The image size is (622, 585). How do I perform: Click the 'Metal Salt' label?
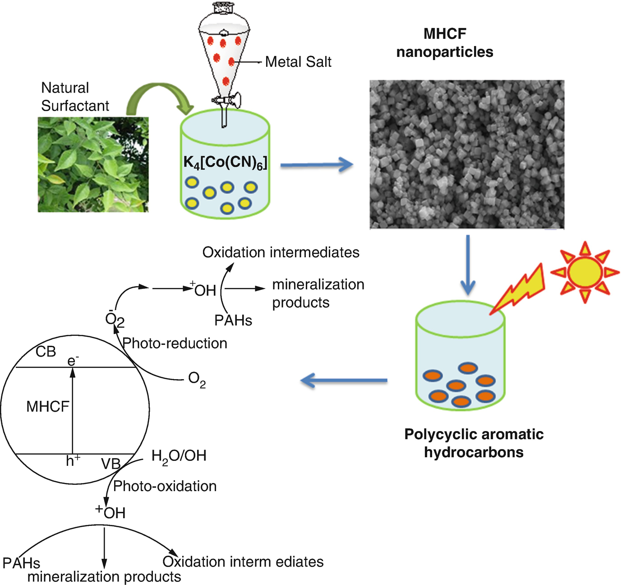click(x=298, y=62)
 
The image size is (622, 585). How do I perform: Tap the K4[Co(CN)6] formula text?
click(x=225, y=162)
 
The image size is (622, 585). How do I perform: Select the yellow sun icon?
click(x=585, y=272)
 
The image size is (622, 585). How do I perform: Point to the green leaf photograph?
click(x=93, y=164)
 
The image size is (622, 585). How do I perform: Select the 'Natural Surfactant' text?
click(x=75, y=97)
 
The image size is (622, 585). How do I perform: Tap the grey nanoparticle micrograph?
click(x=467, y=154)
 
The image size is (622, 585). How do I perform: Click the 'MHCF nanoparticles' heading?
click(x=445, y=43)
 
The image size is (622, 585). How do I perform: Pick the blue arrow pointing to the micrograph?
click(x=316, y=165)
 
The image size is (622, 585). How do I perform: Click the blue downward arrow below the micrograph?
click(x=468, y=265)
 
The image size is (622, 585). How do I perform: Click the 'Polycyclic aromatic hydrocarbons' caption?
click(x=474, y=443)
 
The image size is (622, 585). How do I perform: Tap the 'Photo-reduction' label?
click(x=175, y=344)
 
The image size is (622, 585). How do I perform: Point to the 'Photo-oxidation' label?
click(x=165, y=486)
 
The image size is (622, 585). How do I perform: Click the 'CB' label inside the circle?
click(x=46, y=352)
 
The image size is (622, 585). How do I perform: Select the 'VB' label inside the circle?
click(x=111, y=464)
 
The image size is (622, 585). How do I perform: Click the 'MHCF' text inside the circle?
click(x=47, y=407)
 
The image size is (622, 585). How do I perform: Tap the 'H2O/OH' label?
click(x=179, y=456)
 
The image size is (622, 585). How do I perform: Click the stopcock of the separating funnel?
click(x=225, y=99)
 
